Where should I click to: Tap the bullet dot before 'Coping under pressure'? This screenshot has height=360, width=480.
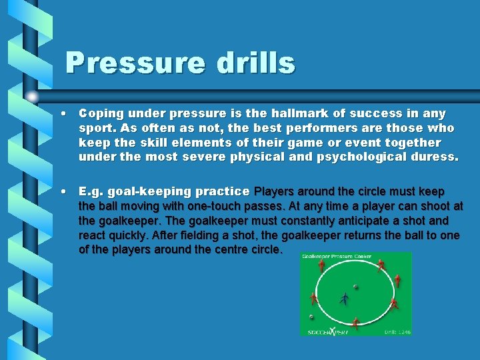62,114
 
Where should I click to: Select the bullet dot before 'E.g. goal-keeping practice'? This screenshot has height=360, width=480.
62,192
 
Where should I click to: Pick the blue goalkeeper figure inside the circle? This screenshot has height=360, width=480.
344,299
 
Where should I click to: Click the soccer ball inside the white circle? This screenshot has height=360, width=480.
355,287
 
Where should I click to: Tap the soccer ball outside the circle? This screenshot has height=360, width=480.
311,317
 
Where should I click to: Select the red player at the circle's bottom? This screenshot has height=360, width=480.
355,324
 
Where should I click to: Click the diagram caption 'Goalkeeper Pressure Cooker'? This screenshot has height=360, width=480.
337,257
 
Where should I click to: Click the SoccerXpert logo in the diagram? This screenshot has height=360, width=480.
328,331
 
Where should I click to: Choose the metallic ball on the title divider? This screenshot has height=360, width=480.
33,97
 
